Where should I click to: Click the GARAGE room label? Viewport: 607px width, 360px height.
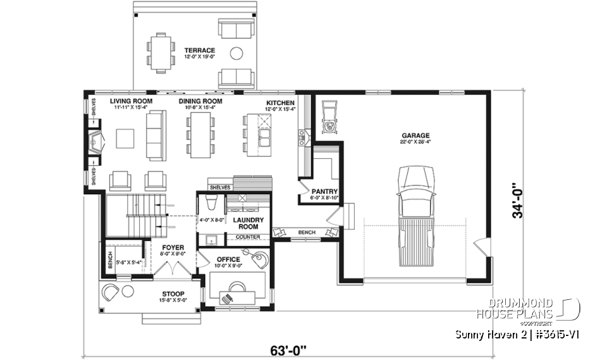415,135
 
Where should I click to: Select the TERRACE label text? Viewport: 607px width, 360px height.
199,50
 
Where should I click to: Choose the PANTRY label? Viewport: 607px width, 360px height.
324,192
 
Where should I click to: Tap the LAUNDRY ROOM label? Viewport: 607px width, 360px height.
243,223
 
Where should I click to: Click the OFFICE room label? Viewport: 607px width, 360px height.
228,259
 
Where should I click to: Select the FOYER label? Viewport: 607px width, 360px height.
173,248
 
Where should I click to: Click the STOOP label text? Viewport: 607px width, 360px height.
173,294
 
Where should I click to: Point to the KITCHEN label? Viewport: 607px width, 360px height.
279,102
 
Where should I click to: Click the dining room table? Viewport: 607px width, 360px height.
199,135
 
